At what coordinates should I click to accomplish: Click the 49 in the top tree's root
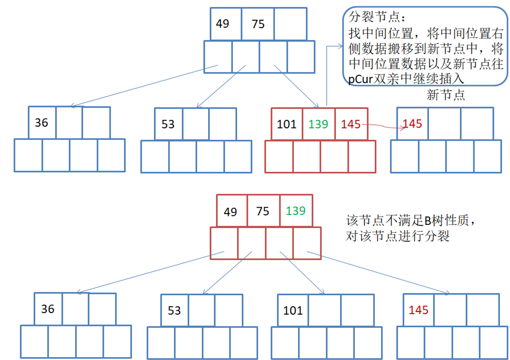(x=222, y=24)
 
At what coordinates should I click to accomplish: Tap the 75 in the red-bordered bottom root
(x=262, y=211)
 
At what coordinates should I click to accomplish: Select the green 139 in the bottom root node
(x=296, y=210)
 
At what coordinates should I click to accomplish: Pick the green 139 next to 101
(x=318, y=124)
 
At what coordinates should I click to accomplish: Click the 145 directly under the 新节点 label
(x=412, y=124)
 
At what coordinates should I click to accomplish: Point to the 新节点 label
(x=446, y=95)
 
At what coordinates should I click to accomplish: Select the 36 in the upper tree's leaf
(x=42, y=123)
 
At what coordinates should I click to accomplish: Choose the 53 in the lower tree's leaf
(x=174, y=310)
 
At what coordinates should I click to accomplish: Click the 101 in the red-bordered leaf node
(x=287, y=124)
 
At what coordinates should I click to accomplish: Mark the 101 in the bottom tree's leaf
(x=293, y=310)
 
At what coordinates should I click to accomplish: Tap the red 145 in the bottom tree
(x=418, y=310)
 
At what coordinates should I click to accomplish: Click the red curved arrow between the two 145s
(x=381, y=126)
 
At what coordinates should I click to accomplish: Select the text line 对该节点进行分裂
(x=397, y=236)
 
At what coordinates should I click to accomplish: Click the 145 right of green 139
(x=351, y=124)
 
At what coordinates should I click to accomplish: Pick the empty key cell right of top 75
(x=290, y=24)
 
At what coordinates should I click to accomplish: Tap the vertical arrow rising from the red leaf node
(x=326, y=76)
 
